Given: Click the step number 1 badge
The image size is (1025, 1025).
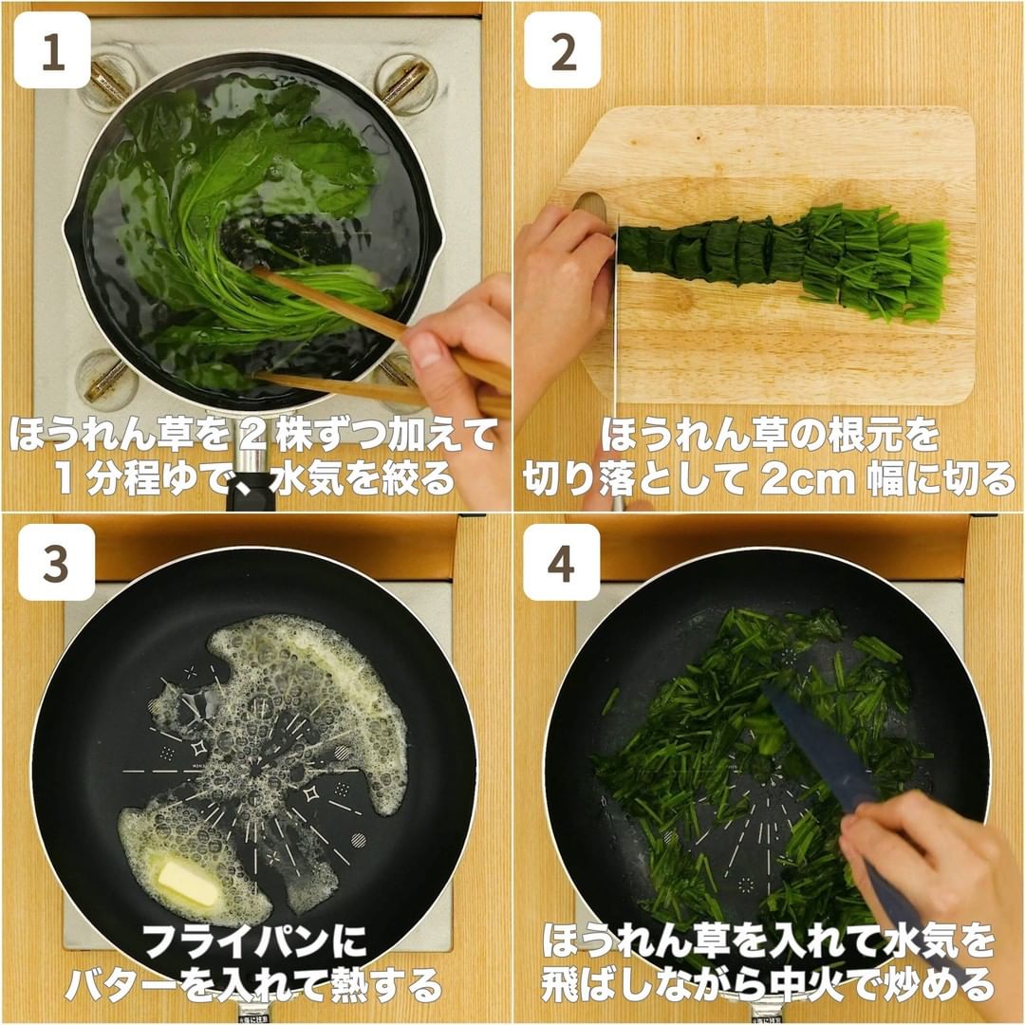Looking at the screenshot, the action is pyautogui.click(x=52, y=50).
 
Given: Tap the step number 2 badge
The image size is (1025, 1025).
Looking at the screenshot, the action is pyautogui.click(x=563, y=50).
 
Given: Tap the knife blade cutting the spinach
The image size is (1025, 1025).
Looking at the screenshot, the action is pyautogui.click(x=615, y=314).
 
